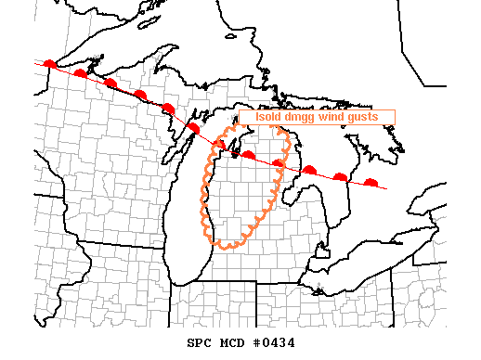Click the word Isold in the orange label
pos(268,117)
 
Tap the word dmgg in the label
pos(302,117)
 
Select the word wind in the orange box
pos(333,117)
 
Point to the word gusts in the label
pos(365,117)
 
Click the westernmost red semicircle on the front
pos(50,64)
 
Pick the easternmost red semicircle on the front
pos(371,183)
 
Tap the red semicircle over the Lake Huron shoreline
pos(309,170)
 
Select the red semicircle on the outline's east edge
pos(279,163)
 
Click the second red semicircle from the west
pos(81,72)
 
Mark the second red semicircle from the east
pos(341,176)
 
